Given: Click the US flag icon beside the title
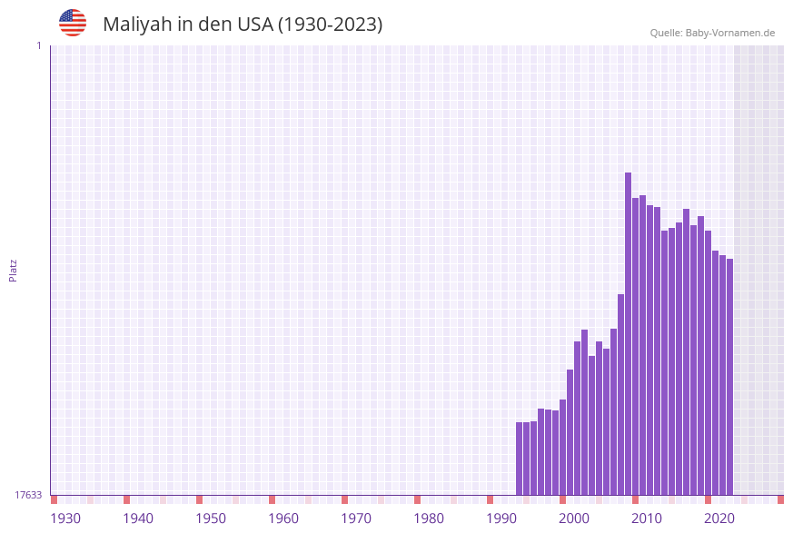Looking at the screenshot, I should pos(73,23).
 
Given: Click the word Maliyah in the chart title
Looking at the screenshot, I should pos(136,25).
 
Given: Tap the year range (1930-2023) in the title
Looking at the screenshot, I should pos(330,25).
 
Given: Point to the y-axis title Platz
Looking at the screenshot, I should pos(14,270).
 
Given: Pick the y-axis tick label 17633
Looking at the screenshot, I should pos(28,495).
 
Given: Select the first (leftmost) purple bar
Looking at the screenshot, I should pos(520,459).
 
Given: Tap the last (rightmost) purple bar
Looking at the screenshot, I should pos(729,377).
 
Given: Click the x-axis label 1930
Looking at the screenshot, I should pos(65,518).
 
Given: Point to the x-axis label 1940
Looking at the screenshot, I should pos(138,518).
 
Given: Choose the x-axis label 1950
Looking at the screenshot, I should pos(211,518).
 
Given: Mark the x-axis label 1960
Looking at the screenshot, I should pos(283,518).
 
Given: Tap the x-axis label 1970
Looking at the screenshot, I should pos(356,518).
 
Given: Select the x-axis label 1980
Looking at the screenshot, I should pos(429,518).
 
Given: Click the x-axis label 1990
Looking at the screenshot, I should pos(501,518).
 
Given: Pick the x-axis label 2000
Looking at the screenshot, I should pos(574,518).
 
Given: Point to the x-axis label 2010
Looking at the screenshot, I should pos(647,518).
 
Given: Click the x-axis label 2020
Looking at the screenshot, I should pos(719,518).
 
